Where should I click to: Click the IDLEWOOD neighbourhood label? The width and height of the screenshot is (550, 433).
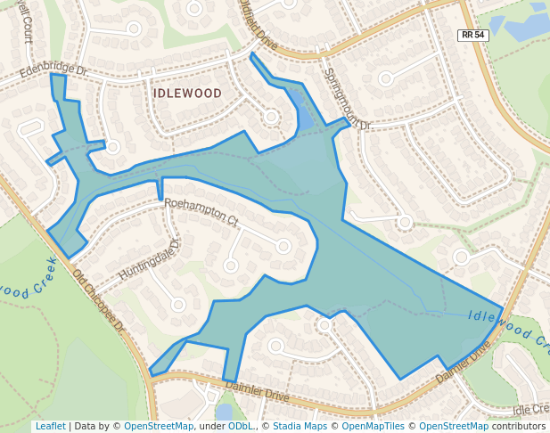pyautogui.click(x=187, y=93)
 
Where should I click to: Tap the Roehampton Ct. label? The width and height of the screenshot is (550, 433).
pyautogui.click(x=201, y=211)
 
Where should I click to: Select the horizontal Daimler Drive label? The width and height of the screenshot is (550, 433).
pyautogui.click(x=258, y=389)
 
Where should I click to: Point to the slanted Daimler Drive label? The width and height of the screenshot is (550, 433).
pyautogui.click(x=464, y=363)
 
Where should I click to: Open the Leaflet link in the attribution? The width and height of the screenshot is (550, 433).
pyautogui.click(x=50, y=426)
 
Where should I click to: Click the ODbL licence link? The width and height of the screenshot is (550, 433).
pyautogui.click(x=240, y=426)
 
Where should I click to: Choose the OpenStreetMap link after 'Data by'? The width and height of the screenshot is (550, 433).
pyautogui.click(x=158, y=426)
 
